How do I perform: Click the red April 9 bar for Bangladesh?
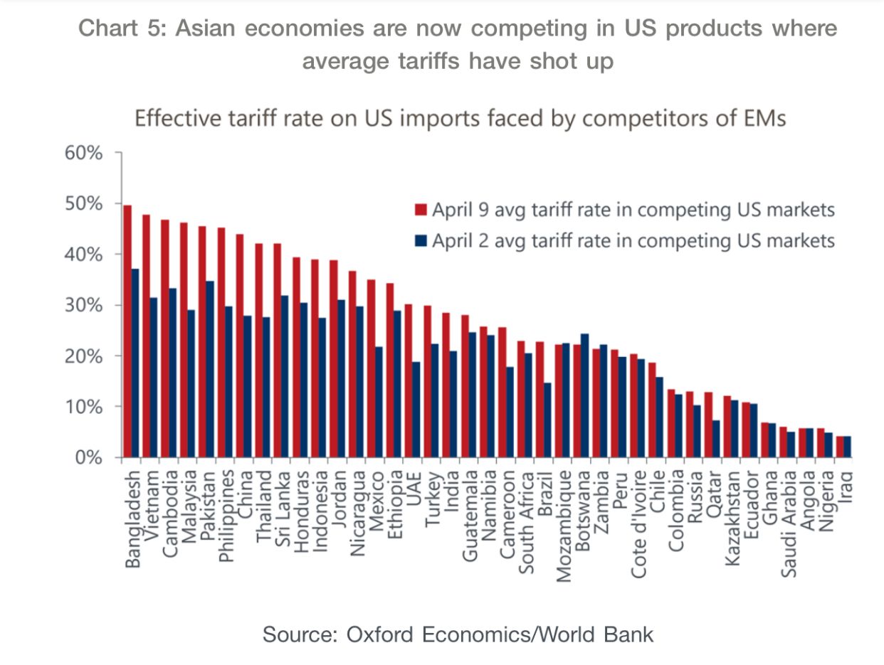(x=127, y=331)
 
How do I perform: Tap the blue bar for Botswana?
(x=584, y=395)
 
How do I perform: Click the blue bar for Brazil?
(x=547, y=420)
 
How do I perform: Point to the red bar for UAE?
(x=409, y=381)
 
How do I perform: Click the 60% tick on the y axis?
(x=85, y=153)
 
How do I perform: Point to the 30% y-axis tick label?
(x=85, y=305)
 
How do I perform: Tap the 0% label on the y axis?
(x=89, y=457)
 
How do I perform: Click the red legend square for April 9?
(x=421, y=211)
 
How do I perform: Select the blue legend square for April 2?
(x=421, y=240)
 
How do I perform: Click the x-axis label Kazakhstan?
(x=732, y=516)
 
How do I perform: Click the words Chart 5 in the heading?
(x=120, y=29)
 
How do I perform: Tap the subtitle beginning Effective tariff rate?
(x=460, y=117)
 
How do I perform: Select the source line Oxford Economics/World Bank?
(x=458, y=634)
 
